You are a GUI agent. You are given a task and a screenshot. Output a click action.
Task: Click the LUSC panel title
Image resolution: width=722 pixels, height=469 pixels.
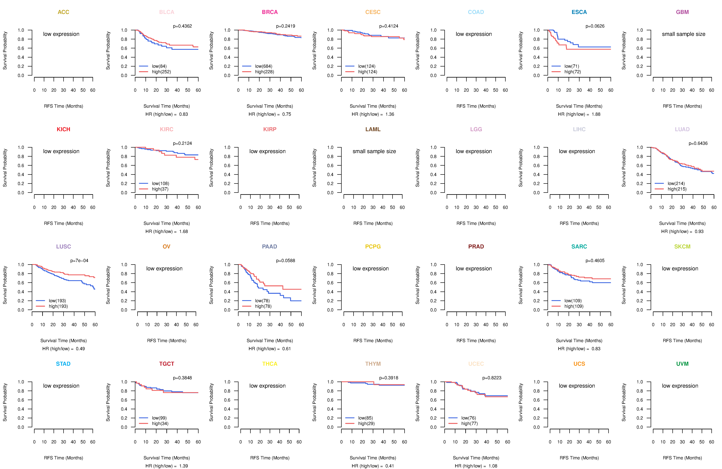tap(63, 247)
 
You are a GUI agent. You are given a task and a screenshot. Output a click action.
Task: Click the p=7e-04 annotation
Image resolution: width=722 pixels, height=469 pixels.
tap(79, 260)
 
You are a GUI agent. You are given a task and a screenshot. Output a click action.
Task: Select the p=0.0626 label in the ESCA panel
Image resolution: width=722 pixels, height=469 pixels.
tap(595, 26)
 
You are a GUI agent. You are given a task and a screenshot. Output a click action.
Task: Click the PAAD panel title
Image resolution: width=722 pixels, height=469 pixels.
tap(270, 247)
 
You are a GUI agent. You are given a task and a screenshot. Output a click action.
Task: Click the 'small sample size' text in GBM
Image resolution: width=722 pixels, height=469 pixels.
tap(683, 34)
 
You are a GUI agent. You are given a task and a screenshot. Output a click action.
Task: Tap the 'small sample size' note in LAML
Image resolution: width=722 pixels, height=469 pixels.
tap(374, 151)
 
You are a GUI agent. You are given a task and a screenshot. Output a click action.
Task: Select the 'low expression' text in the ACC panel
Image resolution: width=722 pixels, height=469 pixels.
tap(61, 34)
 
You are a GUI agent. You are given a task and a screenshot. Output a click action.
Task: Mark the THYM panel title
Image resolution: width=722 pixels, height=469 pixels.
tap(373, 364)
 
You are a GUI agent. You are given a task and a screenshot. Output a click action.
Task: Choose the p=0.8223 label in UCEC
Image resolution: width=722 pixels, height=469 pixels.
tap(492, 378)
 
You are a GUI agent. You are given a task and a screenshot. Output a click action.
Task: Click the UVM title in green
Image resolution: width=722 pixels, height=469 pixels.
tap(682, 364)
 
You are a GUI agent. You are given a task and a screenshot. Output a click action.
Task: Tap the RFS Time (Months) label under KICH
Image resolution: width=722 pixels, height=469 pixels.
tap(63, 223)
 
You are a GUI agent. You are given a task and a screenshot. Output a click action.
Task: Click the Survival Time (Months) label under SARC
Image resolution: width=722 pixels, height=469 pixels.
tap(579, 341)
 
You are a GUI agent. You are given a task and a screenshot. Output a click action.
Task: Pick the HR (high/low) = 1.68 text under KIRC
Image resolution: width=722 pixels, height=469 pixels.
tap(167, 232)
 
